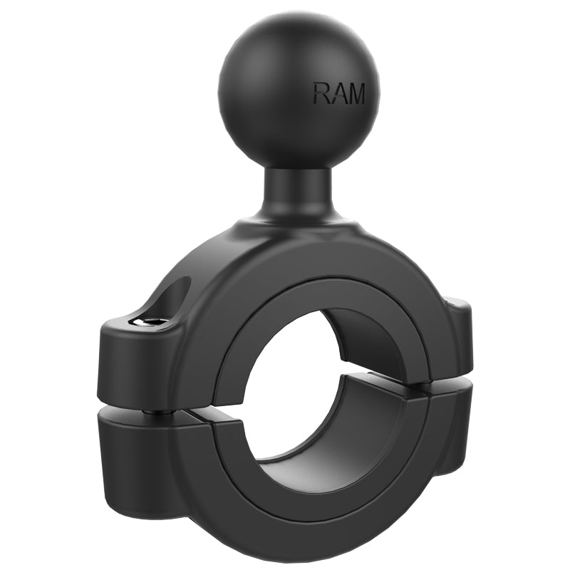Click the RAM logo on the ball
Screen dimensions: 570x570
[x=338, y=93]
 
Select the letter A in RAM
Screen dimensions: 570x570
[x=338, y=93]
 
